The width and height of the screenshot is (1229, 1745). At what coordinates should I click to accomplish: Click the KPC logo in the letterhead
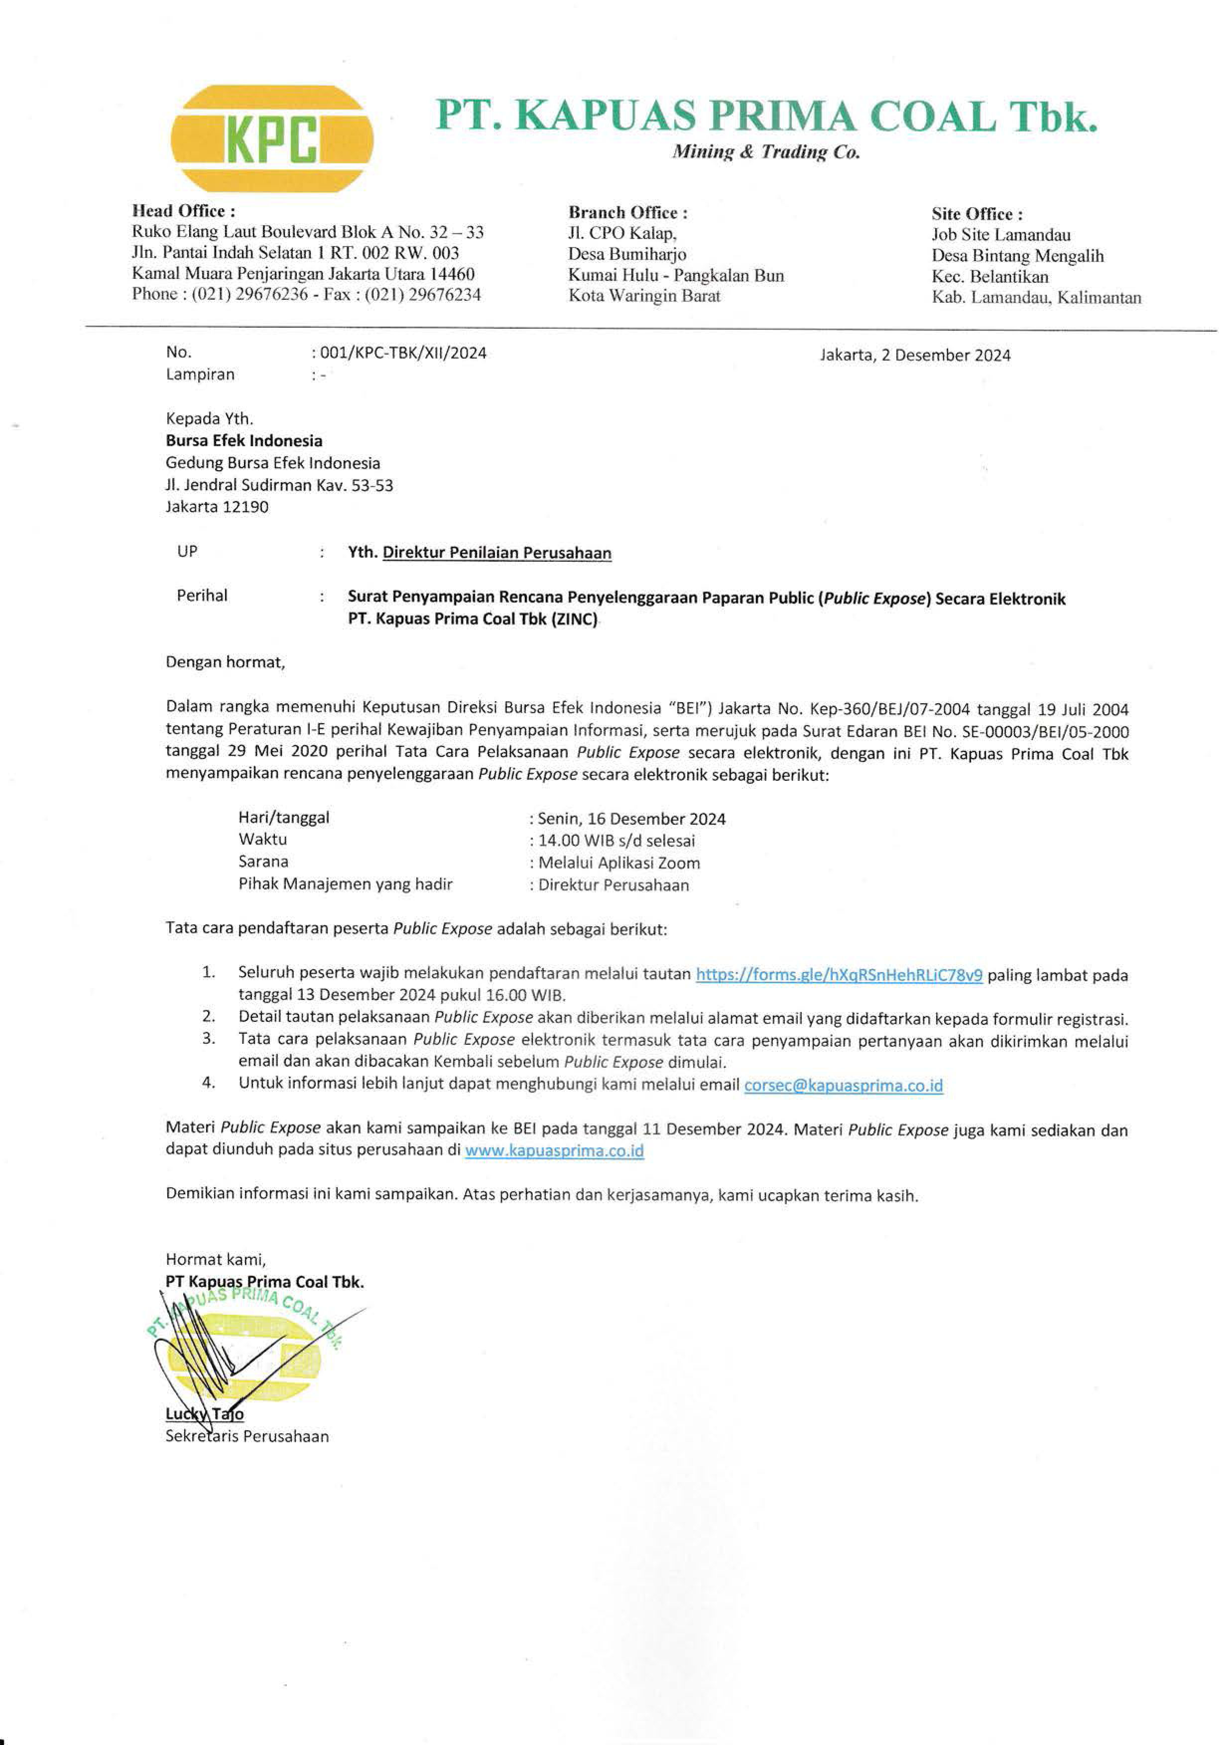(x=271, y=139)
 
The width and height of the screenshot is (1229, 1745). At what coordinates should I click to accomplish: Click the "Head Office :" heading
(x=183, y=211)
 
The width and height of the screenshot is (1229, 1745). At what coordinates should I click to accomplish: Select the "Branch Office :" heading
(x=628, y=213)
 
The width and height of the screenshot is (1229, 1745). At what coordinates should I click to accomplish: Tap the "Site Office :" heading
(x=977, y=214)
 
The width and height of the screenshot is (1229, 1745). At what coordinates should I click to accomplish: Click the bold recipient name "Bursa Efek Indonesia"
(x=244, y=441)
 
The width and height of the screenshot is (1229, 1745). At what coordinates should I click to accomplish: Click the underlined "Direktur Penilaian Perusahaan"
(x=496, y=553)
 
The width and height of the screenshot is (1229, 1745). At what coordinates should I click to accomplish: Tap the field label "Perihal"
(x=202, y=596)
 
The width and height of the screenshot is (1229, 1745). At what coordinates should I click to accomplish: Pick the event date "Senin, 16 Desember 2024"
(x=631, y=819)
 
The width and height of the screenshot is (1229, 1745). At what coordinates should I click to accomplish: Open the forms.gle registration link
(x=839, y=975)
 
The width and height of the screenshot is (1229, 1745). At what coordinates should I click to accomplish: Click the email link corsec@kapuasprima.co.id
(x=843, y=1085)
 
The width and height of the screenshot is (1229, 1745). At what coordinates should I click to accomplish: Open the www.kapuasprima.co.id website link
(x=554, y=1151)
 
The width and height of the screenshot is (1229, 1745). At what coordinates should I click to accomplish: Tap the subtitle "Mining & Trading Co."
(x=765, y=153)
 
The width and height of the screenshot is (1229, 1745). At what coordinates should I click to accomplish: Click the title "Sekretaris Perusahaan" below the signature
(x=247, y=1436)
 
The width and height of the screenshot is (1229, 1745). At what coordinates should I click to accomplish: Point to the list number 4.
(x=208, y=1084)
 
